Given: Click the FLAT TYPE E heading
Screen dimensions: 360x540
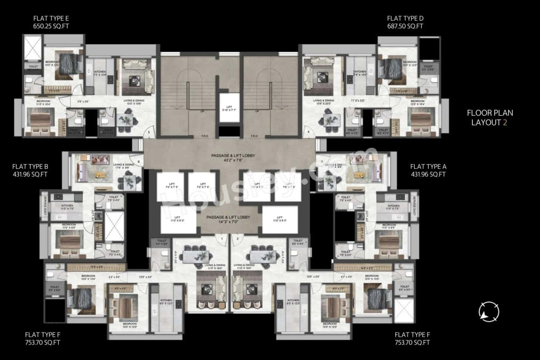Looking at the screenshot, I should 51,18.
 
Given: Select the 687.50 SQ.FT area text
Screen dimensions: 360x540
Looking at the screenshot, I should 405,26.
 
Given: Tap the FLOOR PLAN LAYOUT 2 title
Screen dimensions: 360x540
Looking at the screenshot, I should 489,118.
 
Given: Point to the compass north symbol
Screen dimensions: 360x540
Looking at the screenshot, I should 489,312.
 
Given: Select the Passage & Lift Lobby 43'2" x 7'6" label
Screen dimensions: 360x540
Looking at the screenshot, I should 233,158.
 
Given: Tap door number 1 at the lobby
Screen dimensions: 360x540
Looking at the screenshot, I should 222,239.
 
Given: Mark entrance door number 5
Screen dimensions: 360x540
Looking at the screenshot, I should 149,132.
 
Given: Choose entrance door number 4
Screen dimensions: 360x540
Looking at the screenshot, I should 308,132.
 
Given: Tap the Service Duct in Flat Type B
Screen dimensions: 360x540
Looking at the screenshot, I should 44,206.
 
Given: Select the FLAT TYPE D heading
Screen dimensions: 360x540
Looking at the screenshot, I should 405,18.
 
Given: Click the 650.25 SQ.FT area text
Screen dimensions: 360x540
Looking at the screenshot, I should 51,26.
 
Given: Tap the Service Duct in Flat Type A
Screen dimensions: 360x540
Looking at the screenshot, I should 415,206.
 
